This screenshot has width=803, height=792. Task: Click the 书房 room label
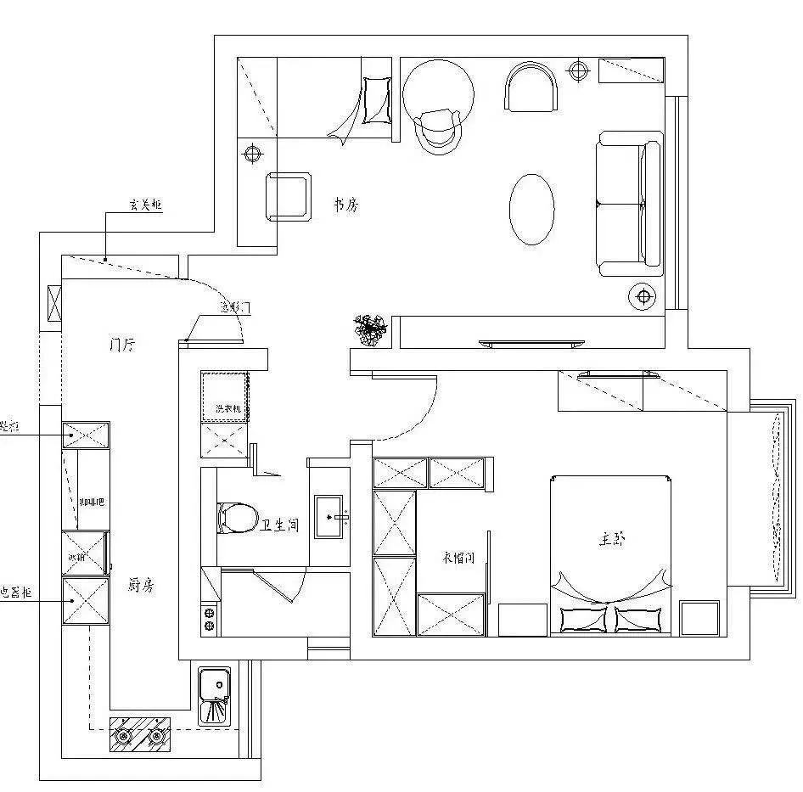(x=345, y=205)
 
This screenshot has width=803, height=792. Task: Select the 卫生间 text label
(x=281, y=525)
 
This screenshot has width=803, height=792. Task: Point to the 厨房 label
(x=141, y=585)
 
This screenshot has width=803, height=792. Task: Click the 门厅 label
(x=124, y=345)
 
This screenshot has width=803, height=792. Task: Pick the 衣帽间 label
(x=458, y=558)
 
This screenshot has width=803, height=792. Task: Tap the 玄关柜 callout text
(x=145, y=205)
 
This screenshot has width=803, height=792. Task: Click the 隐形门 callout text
(x=233, y=307)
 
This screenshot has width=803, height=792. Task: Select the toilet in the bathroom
(x=237, y=518)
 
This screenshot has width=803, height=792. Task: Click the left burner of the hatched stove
(x=124, y=736)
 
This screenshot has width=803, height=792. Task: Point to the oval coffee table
(x=531, y=210)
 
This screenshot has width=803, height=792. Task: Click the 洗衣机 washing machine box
(x=225, y=396)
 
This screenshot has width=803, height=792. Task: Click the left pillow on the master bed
(x=583, y=619)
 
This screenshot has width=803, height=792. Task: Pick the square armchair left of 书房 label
(x=289, y=197)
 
